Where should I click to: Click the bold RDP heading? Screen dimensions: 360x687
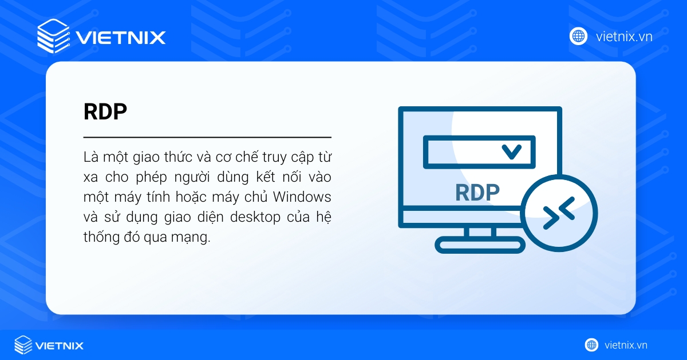[105, 112]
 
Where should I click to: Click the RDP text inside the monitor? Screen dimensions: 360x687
[477, 193]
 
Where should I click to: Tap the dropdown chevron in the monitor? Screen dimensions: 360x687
[511, 151]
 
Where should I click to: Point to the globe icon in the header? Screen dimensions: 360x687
[578, 37]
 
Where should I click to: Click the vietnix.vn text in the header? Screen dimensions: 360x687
[624, 37]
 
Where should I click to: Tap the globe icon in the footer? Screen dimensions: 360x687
[591, 345]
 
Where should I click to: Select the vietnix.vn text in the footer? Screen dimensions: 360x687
[626, 345]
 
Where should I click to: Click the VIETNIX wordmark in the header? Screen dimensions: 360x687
[121, 38]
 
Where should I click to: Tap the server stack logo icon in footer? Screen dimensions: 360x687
[23, 345]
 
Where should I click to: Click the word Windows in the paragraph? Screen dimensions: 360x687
[302, 197]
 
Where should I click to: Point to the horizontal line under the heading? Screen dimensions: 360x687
[207, 137]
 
